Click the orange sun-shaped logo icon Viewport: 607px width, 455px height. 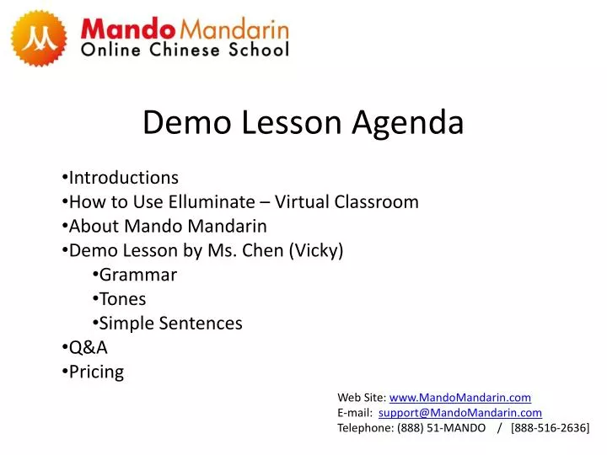[x=39, y=38]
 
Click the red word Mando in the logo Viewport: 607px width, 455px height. [x=128, y=29]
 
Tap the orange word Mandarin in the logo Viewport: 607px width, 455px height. [x=234, y=29]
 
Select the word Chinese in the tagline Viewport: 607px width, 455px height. [x=185, y=50]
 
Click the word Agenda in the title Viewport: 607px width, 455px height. [x=408, y=124]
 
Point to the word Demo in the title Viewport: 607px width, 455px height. [x=187, y=122]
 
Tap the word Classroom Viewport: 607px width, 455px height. [x=376, y=201]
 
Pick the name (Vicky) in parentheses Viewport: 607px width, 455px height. [x=316, y=251]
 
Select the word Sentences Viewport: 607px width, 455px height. [x=201, y=323]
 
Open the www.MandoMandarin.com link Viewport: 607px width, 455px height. [x=460, y=398]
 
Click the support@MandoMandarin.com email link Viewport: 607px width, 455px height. [x=460, y=413]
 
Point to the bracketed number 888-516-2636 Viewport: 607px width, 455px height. [x=550, y=428]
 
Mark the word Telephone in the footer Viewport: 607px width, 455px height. [x=365, y=428]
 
